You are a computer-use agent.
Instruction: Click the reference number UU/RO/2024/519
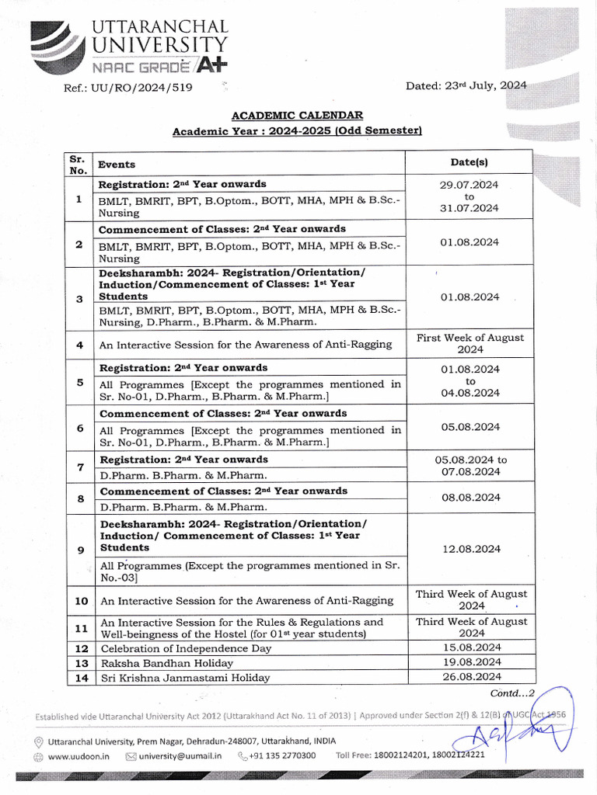click(128, 87)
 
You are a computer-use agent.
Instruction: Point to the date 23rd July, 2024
click(466, 86)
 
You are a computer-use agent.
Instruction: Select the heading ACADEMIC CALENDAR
click(297, 116)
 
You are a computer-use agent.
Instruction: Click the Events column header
click(116, 164)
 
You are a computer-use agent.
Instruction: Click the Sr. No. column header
click(78, 164)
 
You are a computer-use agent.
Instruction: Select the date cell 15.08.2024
click(470, 647)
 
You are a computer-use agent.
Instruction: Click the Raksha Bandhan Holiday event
click(166, 663)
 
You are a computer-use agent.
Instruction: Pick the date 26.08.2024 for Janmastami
click(470, 677)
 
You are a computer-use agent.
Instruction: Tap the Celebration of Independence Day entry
click(186, 648)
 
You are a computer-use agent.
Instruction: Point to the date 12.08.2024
click(470, 549)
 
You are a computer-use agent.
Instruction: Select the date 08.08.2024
click(470, 498)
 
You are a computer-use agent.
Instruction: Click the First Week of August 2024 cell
click(470, 343)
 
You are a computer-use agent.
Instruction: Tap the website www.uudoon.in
click(79, 755)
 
